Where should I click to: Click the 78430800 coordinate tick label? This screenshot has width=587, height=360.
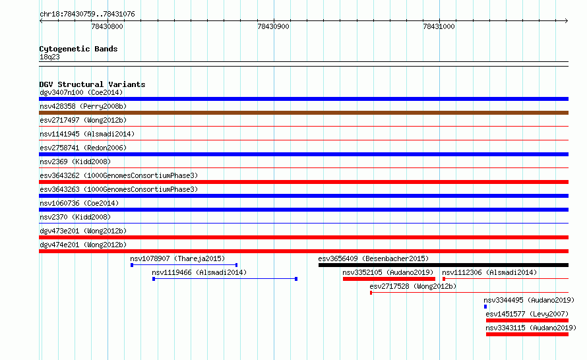coord(107,26)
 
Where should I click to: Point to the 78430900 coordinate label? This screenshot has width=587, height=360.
coord(273,26)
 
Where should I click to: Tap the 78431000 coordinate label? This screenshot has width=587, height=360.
coord(439,26)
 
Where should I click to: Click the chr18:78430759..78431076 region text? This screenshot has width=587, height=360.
coord(87,15)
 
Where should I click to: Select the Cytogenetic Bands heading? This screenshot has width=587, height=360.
coord(78,49)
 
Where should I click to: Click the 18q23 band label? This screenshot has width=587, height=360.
coord(49,57)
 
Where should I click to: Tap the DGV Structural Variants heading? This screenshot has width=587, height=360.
coord(92,84)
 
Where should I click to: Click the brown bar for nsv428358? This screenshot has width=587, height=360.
coord(303,113)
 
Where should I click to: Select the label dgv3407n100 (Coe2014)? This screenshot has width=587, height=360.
coord(81,92)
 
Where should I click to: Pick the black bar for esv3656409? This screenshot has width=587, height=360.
coord(444,265)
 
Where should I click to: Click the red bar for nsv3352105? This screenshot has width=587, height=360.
coord(389,279)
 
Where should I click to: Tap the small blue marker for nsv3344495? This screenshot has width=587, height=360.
coord(485,307)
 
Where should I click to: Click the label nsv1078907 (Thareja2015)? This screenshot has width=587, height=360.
coord(177,258)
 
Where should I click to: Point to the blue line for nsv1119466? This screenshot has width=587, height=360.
coord(225,279)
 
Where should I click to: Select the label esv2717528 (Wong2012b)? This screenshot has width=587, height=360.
coord(413,286)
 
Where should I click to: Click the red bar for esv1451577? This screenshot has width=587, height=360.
coord(527,320)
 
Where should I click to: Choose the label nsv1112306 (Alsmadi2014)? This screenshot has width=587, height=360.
coord(489,272)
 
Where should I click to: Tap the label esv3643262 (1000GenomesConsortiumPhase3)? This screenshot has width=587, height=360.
coord(119,175)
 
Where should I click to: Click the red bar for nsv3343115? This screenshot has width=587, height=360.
coord(527,334)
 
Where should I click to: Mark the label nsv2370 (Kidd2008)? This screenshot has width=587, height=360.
coord(75,217)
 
